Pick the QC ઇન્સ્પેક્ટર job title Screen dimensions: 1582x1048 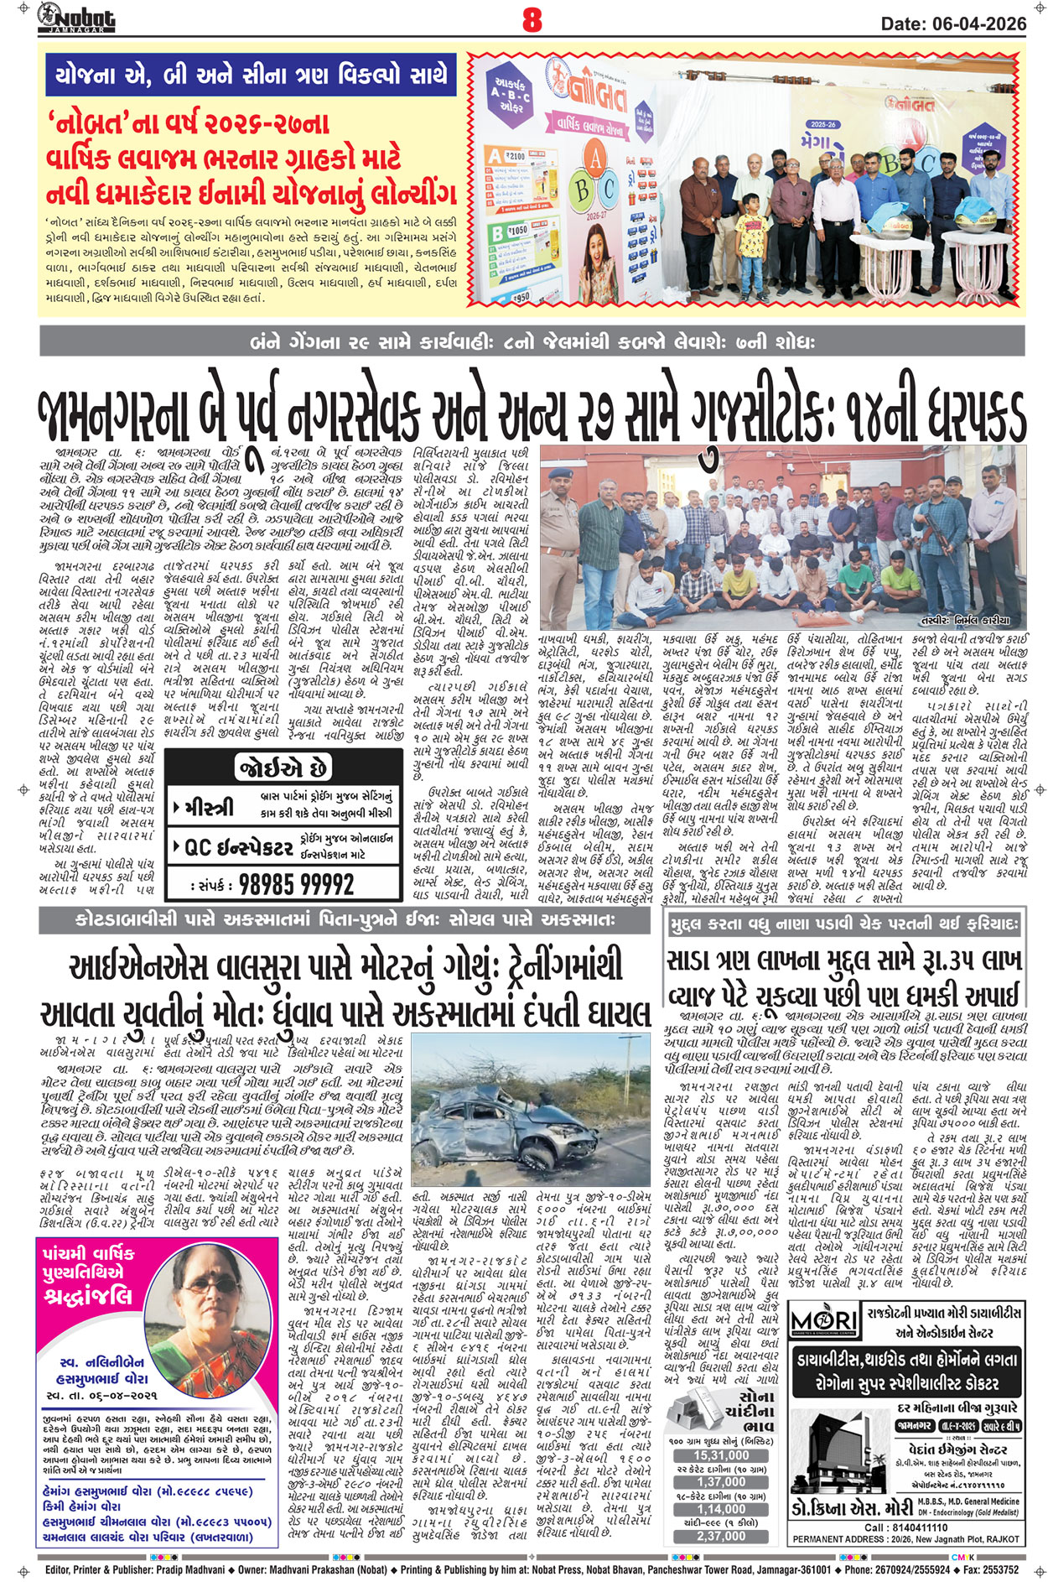pyautogui.click(x=239, y=849)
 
